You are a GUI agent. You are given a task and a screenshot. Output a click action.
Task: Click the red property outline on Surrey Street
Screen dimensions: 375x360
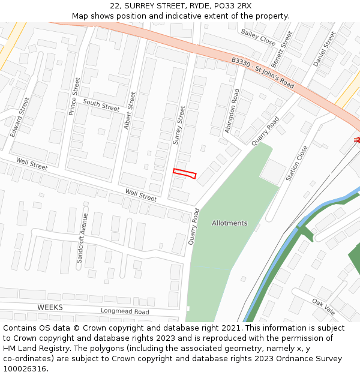click(185, 173)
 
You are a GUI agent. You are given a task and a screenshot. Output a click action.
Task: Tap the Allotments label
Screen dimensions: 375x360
click(229, 223)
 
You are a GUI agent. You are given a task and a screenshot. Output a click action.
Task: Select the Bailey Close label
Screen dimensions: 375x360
click(258, 37)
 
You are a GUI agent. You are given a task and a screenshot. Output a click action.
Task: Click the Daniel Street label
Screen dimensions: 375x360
click(325, 49)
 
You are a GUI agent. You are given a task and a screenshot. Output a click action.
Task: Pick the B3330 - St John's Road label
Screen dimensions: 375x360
click(263, 73)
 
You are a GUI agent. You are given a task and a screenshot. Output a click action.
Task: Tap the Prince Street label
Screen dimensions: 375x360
click(74, 96)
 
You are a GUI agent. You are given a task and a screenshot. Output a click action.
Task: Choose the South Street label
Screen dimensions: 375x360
click(101, 106)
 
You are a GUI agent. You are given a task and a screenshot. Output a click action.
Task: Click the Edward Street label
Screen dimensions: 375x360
click(19, 116)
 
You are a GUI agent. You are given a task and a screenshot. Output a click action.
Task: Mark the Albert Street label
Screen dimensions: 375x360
click(128, 110)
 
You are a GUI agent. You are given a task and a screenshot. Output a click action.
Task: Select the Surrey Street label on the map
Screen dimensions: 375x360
click(179, 125)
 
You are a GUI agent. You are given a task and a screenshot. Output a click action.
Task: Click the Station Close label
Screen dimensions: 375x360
click(297, 163)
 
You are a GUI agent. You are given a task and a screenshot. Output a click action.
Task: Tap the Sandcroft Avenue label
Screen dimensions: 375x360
click(82, 238)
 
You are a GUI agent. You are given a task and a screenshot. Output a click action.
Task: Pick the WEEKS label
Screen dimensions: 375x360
click(50, 307)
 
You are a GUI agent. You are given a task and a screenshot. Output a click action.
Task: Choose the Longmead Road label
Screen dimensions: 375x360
click(125, 311)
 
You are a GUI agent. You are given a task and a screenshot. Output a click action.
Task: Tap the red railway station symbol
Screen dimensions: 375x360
click(356, 140)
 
